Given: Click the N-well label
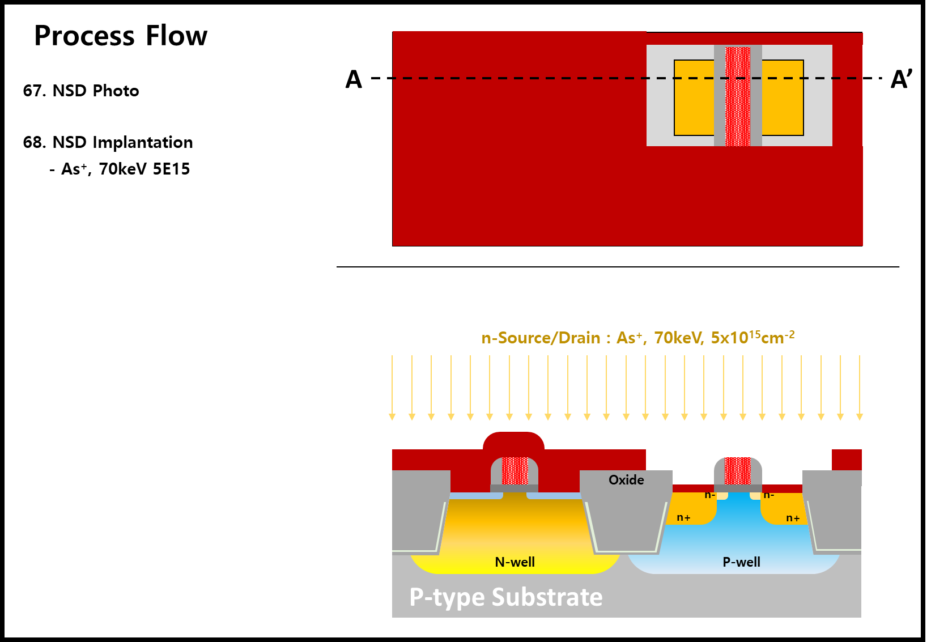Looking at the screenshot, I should point(515,562).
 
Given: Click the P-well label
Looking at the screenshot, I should point(741,562).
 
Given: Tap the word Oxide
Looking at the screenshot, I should point(626,480).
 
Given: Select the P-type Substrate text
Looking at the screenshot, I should point(506,597).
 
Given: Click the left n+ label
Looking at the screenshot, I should point(684,518).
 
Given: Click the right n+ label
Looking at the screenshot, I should point(793,518).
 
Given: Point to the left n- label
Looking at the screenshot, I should point(709,495).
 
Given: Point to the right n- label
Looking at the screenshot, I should point(769,495).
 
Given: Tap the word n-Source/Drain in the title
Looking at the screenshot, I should point(541,338).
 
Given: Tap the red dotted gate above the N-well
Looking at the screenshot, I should point(515,470).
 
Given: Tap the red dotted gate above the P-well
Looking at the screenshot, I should point(738,470).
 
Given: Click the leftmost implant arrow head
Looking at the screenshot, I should point(392,417).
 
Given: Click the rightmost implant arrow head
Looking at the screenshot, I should point(860,417).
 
